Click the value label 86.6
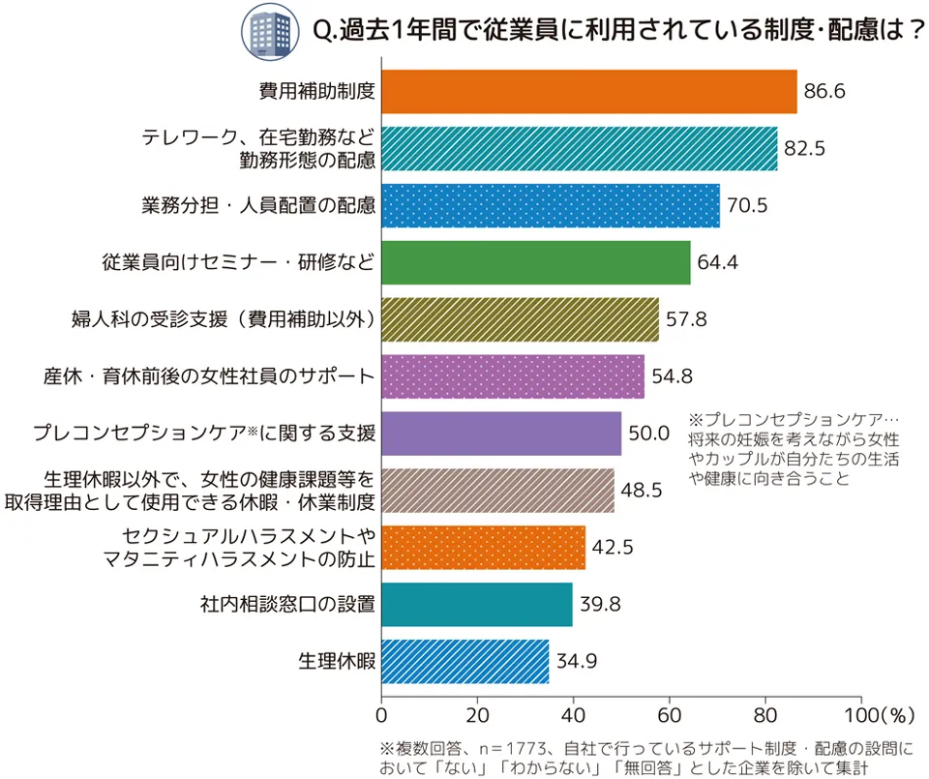coord(825,93)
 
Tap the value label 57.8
coord(687,319)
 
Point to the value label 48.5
coord(642,491)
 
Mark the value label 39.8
coord(600,606)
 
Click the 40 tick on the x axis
coord(573,716)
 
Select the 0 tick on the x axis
coord(381,716)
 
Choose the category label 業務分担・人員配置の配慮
coord(257,205)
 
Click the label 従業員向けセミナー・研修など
coord(238,262)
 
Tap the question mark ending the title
coord(910,31)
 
